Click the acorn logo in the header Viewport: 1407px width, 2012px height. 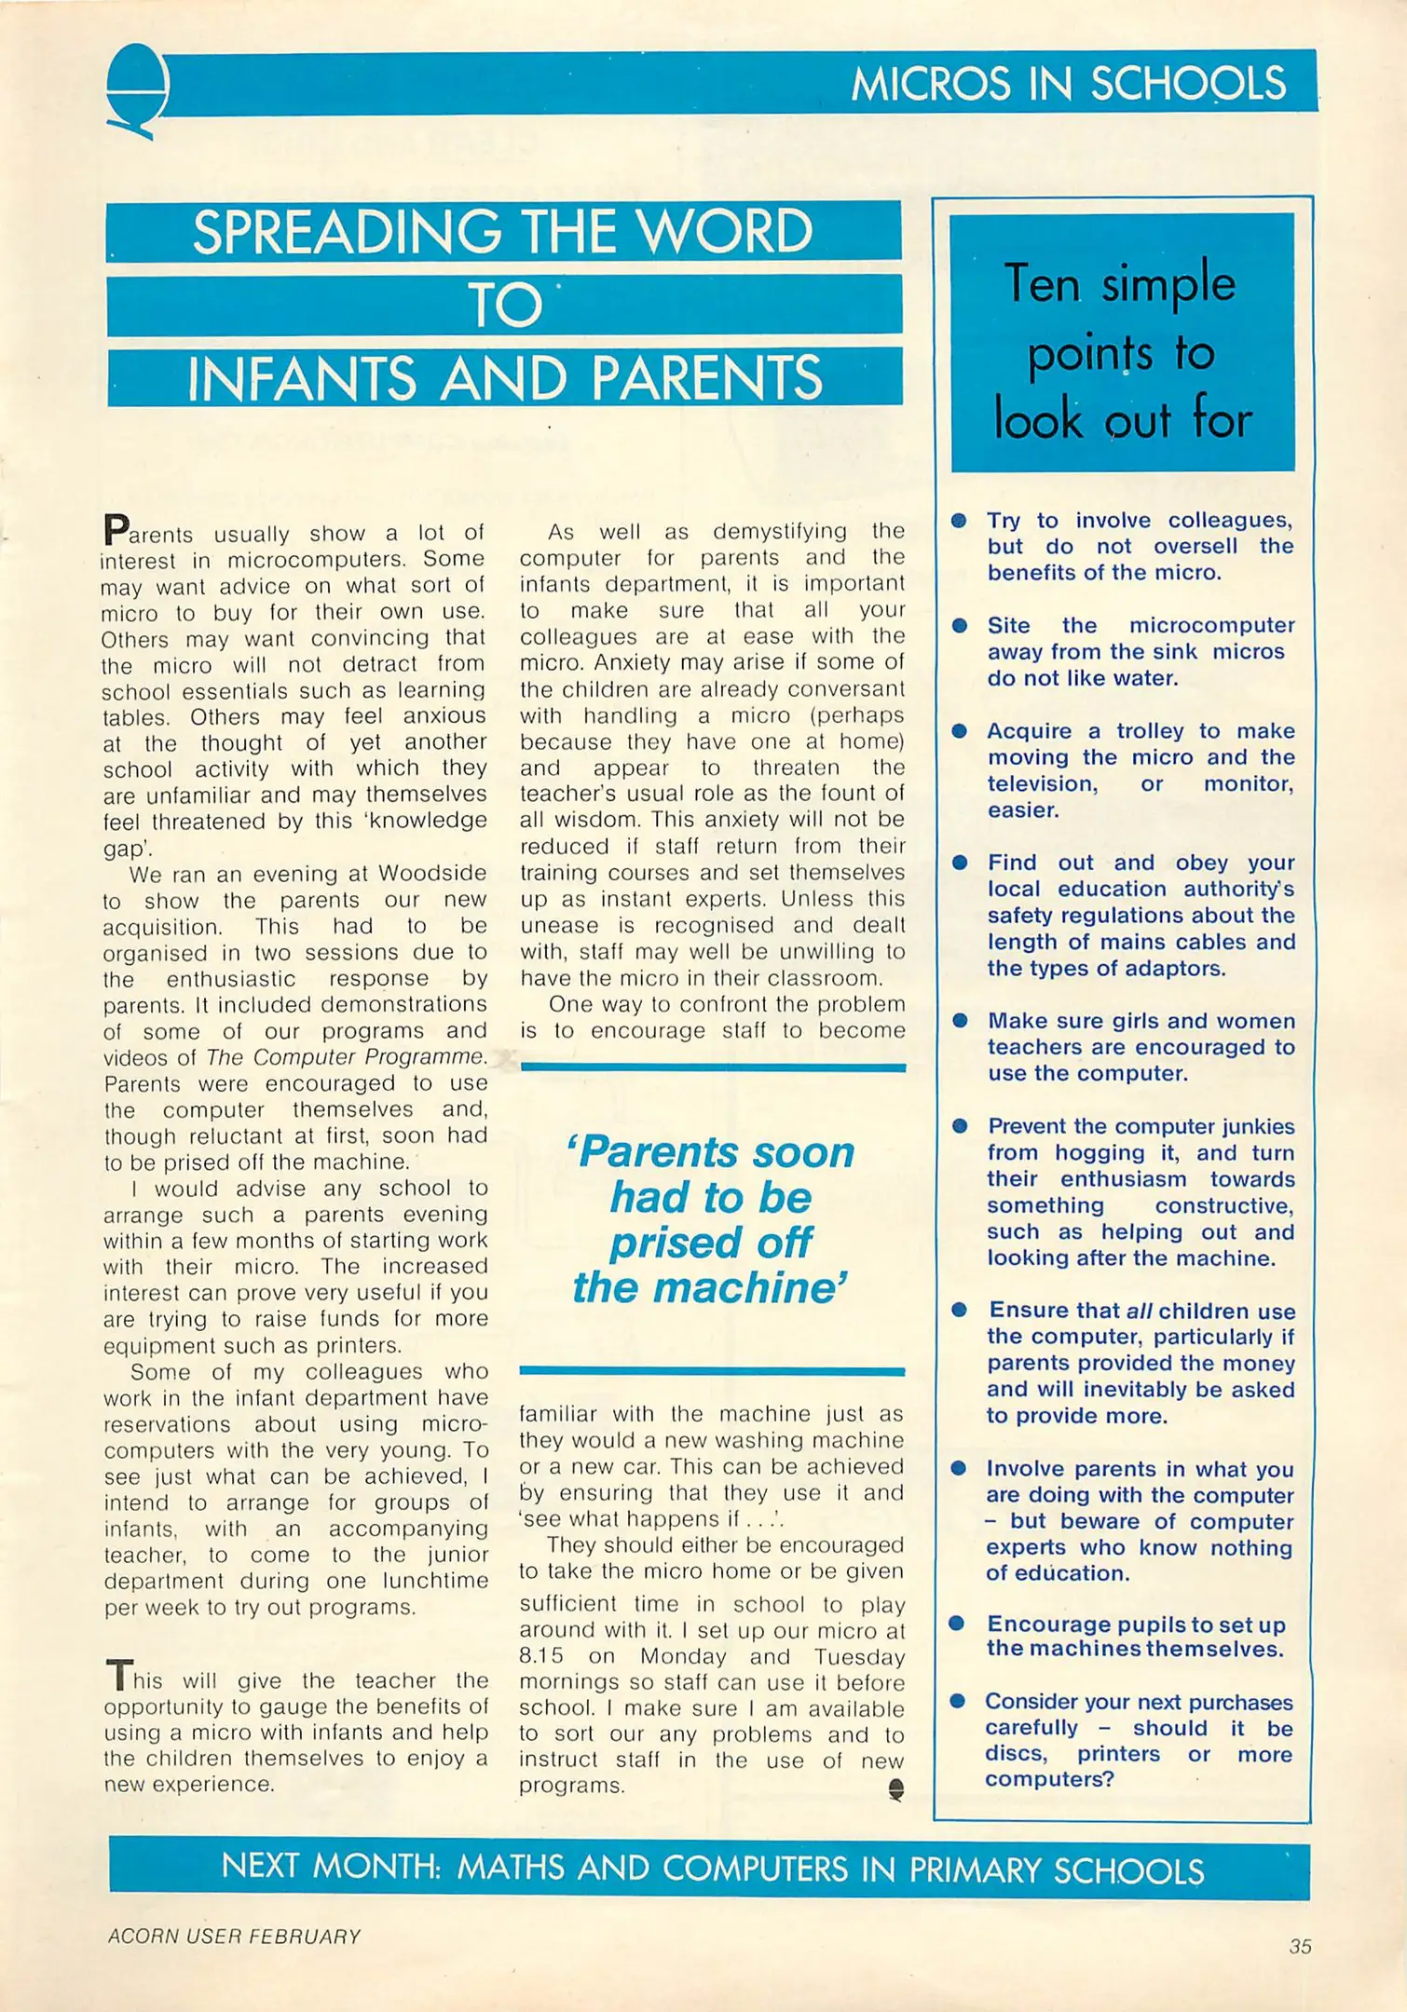[137, 88]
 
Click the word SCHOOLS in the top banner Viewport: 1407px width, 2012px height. [1188, 84]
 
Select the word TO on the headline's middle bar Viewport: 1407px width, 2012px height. [504, 306]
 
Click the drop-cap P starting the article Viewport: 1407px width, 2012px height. [116, 530]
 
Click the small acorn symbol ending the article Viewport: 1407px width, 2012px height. [895, 1788]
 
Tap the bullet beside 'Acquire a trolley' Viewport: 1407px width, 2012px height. [959, 730]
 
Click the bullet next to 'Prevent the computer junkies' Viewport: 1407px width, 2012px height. [959, 1125]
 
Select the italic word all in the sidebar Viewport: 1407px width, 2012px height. [1139, 1311]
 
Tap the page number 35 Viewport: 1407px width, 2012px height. [1300, 1946]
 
